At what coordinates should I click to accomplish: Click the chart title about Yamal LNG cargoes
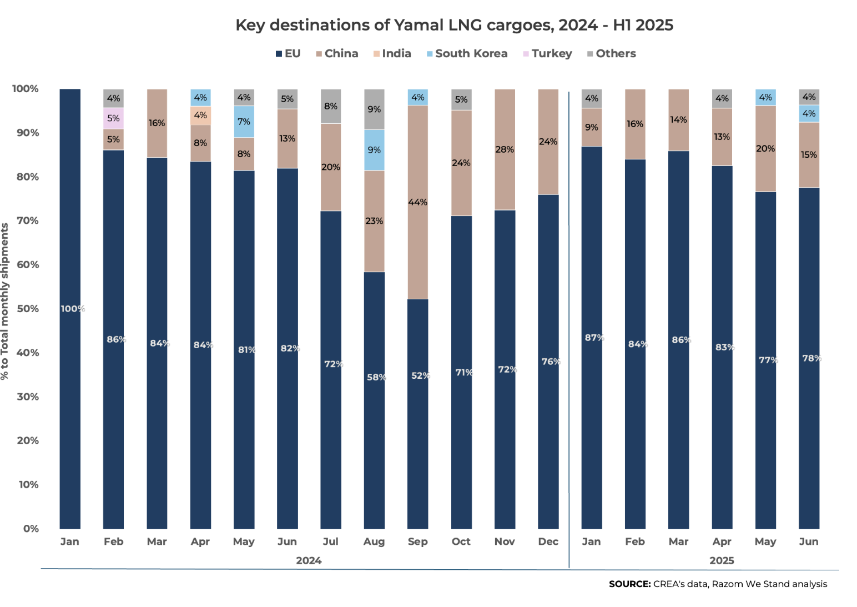(454, 25)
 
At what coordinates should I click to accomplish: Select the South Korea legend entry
(471, 54)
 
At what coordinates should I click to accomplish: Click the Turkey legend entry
(551, 54)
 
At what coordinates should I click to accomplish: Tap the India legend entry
(396, 54)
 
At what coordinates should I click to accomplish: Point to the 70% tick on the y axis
(28, 220)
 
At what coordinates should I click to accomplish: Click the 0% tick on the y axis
(31, 529)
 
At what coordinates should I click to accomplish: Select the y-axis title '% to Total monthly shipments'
(5, 301)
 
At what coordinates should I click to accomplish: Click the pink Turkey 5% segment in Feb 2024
(113, 118)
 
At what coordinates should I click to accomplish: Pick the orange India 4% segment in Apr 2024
(200, 116)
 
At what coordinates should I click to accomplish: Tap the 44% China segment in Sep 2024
(417, 202)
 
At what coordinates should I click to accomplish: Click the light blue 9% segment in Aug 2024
(374, 150)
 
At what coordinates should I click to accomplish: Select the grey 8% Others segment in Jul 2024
(331, 106)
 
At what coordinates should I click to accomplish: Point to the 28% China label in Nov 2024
(505, 149)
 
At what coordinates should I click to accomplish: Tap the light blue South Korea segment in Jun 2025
(809, 114)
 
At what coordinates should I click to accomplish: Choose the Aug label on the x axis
(374, 541)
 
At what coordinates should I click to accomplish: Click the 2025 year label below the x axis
(722, 560)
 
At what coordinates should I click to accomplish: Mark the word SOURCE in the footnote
(629, 584)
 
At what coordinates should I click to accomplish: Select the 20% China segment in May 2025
(765, 149)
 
